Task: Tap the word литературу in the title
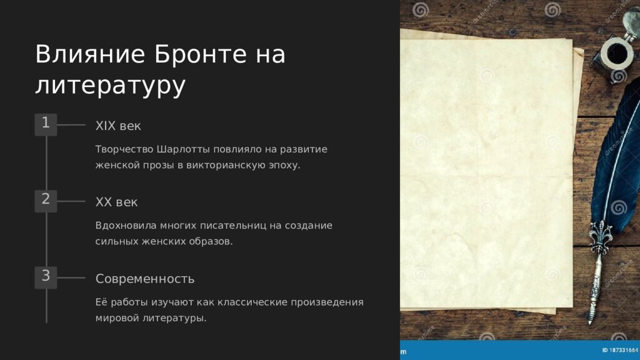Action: point(110,86)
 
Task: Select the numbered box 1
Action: point(46,124)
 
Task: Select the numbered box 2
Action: point(46,200)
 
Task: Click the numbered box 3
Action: point(46,276)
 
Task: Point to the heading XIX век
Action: point(118,126)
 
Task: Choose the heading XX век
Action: point(116,202)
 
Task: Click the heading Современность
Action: point(144,279)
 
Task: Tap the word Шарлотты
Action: point(183,150)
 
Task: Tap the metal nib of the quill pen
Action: point(591,313)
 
